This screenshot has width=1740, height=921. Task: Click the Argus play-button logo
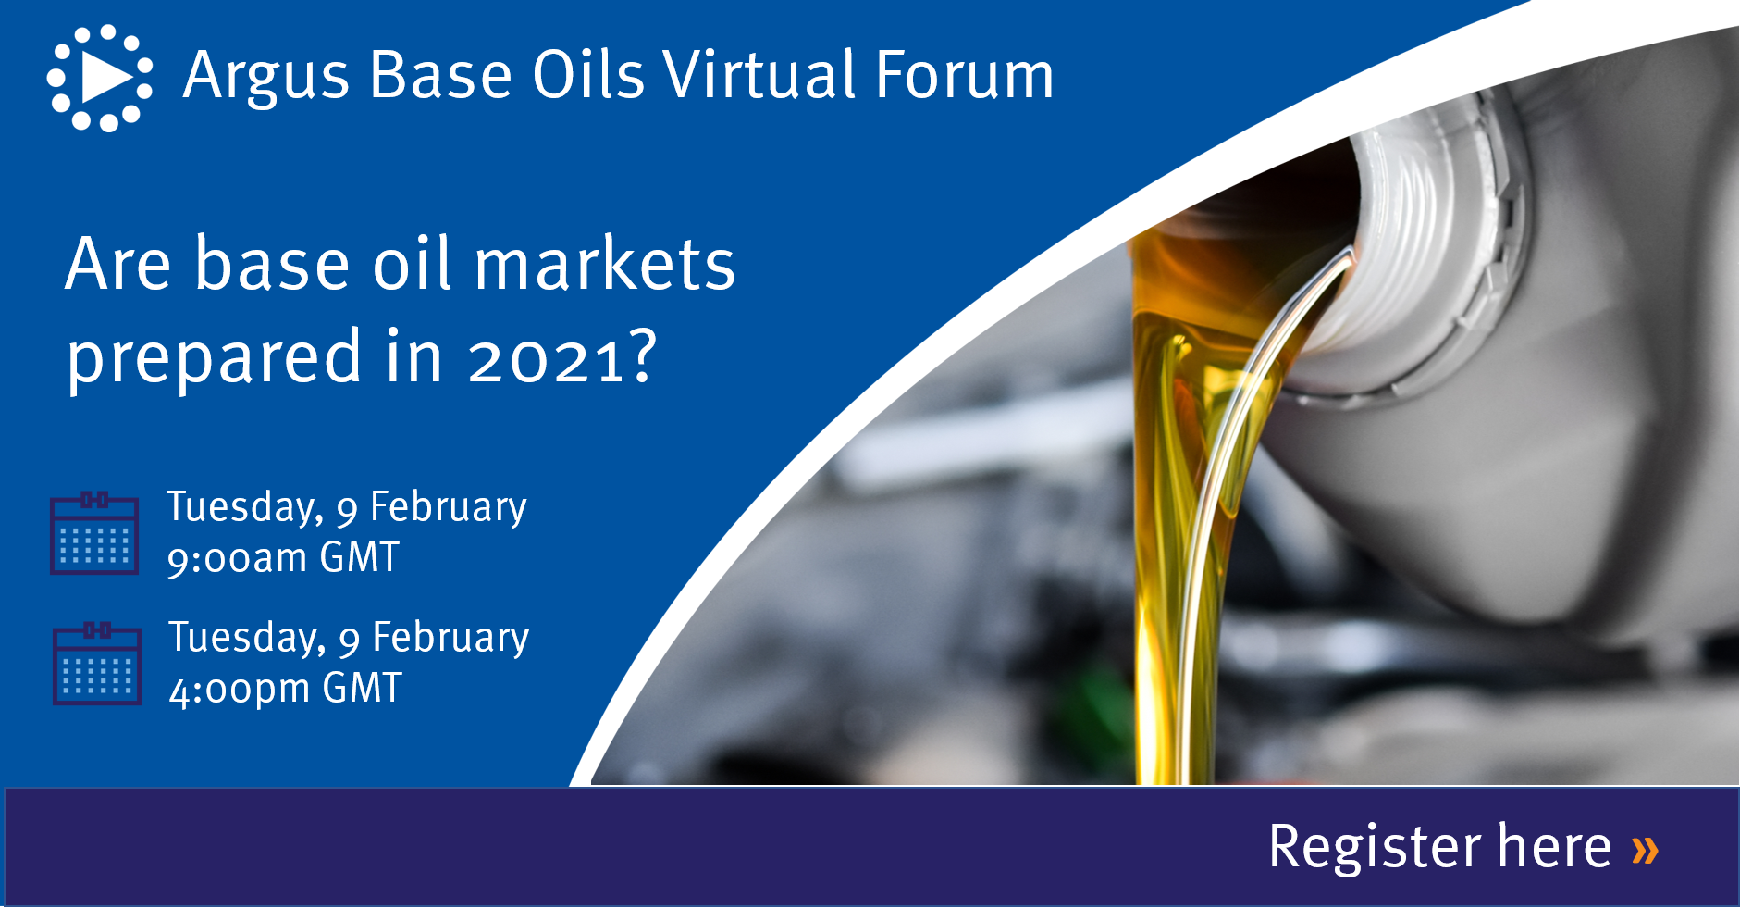point(100,78)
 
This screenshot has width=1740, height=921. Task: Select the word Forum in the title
point(965,75)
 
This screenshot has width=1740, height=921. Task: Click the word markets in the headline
point(605,264)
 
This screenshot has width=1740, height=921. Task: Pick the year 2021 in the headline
point(548,359)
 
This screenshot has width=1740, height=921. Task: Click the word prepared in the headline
point(215,358)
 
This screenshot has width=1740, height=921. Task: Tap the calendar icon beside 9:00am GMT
point(94,533)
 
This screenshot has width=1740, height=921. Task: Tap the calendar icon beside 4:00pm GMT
point(97,664)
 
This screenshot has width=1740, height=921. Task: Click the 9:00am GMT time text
point(283,558)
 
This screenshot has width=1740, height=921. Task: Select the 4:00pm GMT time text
point(285,689)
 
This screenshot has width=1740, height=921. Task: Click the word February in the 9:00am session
point(449,508)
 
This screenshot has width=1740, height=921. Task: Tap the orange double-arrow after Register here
point(1645,849)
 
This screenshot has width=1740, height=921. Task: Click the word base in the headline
point(271,264)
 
